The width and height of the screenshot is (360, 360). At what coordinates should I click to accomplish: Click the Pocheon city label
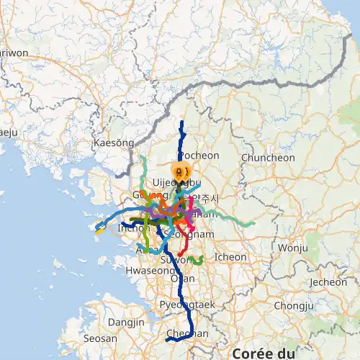[x=198, y=156]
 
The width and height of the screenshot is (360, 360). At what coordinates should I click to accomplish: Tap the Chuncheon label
[x=268, y=158]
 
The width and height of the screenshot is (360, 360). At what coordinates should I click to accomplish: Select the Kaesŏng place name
[x=114, y=143]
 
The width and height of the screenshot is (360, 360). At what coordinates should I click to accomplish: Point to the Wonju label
[x=292, y=248]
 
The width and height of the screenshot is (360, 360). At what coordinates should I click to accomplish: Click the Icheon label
[x=230, y=256]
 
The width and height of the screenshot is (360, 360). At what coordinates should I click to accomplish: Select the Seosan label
[x=100, y=338]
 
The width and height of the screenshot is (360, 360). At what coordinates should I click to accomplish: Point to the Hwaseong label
[x=146, y=272]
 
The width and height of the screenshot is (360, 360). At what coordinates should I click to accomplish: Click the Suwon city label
[x=171, y=259]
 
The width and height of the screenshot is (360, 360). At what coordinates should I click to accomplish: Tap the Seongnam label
[x=189, y=235]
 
